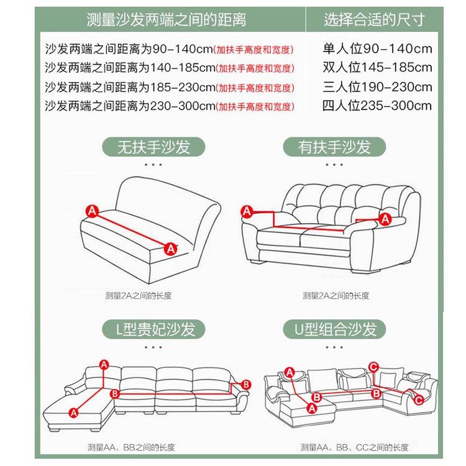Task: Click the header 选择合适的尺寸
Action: click(374, 20)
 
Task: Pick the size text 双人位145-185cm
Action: click(377, 68)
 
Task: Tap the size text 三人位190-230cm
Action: click(377, 86)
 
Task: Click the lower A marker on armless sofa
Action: click(169, 249)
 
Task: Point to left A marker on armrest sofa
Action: click(247, 212)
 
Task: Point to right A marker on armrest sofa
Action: click(385, 219)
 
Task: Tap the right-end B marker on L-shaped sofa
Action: click(245, 385)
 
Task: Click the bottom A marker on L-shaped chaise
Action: click(74, 411)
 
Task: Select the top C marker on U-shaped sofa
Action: click(373, 367)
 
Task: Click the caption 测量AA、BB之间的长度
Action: click(139, 447)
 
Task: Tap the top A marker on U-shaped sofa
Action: click(290, 372)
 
